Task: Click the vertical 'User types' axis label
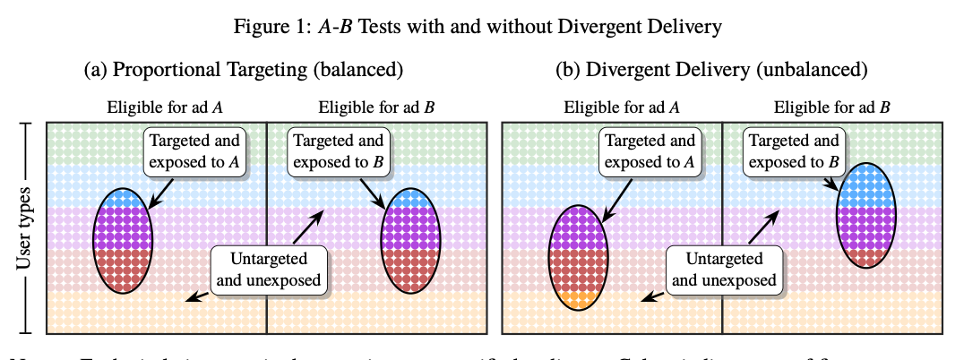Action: point(24,227)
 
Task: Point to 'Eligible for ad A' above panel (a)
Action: point(165,108)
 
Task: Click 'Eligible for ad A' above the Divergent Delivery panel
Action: point(622,108)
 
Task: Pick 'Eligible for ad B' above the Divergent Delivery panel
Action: point(832,108)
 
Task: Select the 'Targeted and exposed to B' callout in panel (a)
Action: point(339,152)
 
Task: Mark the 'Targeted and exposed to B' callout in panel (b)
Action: point(794,152)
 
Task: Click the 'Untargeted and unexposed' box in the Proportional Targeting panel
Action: point(269,269)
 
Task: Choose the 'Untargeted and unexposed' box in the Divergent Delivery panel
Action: point(724,269)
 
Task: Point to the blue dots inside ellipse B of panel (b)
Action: point(866,184)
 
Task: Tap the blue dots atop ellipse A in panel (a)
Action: point(125,198)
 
